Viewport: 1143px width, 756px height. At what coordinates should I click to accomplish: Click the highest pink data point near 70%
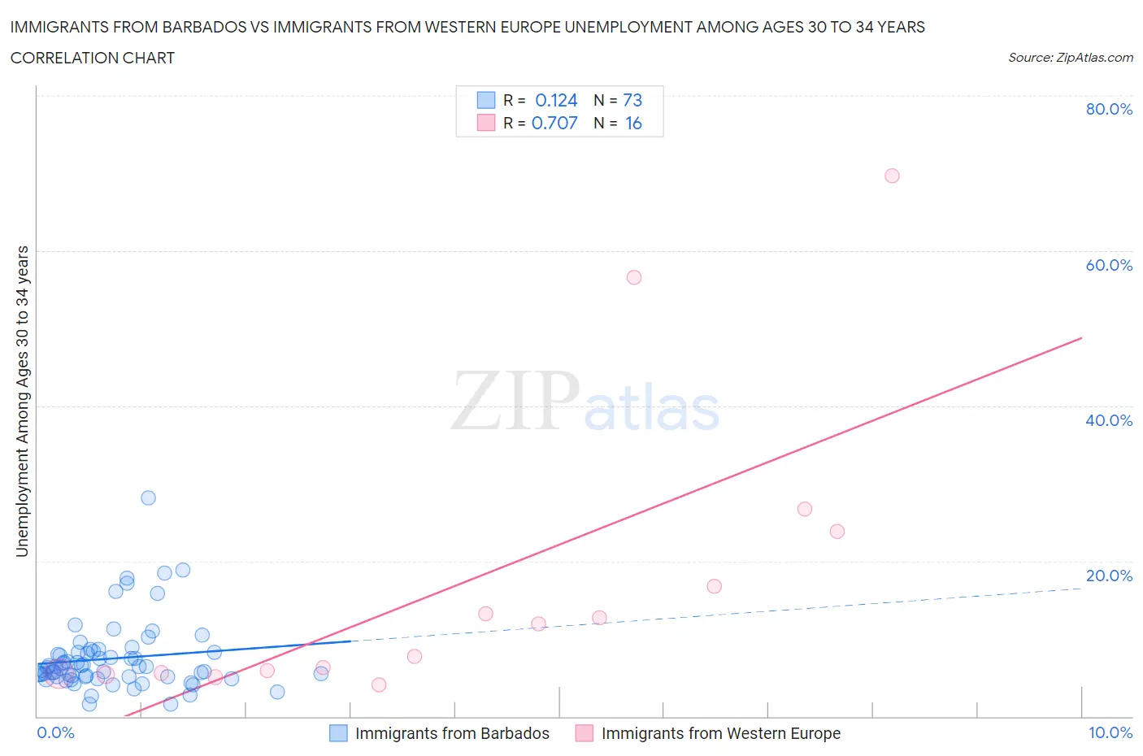coord(892,176)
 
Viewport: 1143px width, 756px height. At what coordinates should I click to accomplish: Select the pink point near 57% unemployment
coord(634,277)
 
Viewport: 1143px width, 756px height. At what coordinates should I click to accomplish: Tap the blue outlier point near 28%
coord(148,497)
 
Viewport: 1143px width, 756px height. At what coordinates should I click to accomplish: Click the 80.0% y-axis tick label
coord(1109,109)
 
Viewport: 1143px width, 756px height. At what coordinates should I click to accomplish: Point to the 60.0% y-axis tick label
coord(1109,265)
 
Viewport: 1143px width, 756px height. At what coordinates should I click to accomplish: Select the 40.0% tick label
coord(1109,420)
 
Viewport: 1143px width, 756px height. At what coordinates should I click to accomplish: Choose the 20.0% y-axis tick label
coord(1109,576)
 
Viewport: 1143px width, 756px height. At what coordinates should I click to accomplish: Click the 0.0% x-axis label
coord(55,732)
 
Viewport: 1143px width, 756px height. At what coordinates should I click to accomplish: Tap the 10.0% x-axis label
coord(1110,732)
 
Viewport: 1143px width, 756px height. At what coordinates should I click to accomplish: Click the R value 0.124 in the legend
coord(556,100)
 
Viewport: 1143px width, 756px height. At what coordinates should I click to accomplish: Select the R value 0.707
coord(554,123)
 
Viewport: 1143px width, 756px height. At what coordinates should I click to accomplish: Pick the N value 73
coord(632,100)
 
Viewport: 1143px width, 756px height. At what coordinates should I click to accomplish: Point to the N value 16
coord(633,123)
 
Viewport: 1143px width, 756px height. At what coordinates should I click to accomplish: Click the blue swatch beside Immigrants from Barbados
coord(338,733)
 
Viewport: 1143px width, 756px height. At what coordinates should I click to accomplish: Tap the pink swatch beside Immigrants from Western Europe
coord(584,733)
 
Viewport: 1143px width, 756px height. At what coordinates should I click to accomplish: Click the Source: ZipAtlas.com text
coord(1070,57)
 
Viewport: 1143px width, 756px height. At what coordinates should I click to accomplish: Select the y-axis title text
coord(22,402)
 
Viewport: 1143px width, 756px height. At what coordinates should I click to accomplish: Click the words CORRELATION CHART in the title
coord(93,58)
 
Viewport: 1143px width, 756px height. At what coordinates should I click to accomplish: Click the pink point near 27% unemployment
coord(805,509)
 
